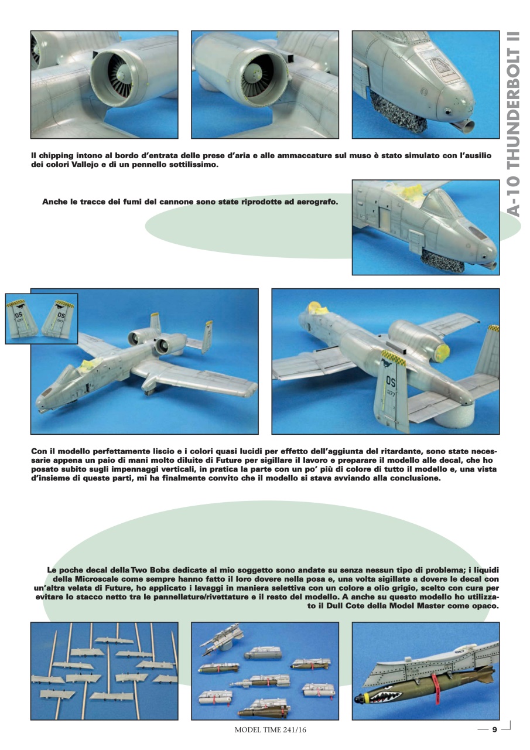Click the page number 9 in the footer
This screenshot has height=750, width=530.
coord(494,729)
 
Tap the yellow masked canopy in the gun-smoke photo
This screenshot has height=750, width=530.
coord(415,192)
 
